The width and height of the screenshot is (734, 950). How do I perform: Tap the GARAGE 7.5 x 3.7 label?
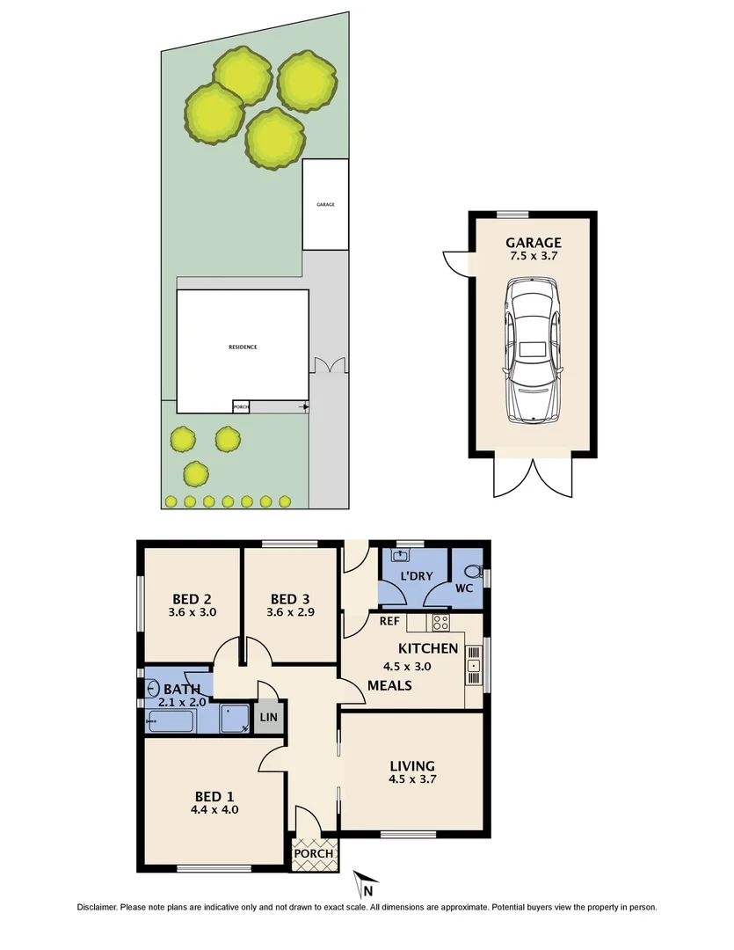point(532,250)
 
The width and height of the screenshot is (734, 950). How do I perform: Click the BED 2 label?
point(192,604)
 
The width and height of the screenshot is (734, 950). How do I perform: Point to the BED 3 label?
point(291,604)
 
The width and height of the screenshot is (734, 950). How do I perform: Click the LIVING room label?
point(412,771)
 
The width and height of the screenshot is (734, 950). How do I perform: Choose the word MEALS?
point(390,685)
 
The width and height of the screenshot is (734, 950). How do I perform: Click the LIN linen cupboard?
point(268,718)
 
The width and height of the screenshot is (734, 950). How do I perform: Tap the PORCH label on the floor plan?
point(314,853)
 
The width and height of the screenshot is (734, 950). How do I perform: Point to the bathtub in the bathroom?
point(171,721)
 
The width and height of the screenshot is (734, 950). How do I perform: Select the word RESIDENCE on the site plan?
point(243,347)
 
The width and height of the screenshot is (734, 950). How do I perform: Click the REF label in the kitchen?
point(389,621)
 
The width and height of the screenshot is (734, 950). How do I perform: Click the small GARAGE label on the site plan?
point(325,204)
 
